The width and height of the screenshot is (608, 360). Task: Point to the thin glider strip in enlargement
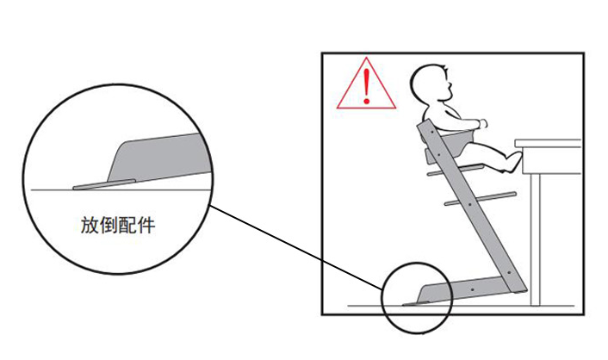(x=103, y=183)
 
